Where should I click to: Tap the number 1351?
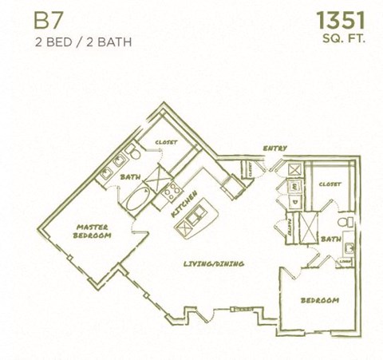pyautogui.click(x=341, y=20)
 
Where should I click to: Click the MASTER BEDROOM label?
pyautogui.click(x=93, y=231)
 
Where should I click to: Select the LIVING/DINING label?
pyautogui.click(x=213, y=263)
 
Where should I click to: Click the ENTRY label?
pyautogui.click(x=275, y=148)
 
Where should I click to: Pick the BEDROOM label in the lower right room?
pyautogui.click(x=319, y=300)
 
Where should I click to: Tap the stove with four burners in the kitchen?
pyautogui.click(x=172, y=191)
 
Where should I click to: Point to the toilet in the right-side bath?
pyautogui.click(x=343, y=222)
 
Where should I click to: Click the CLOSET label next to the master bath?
pyautogui.click(x=166, y=142)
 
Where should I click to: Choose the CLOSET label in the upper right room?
pyautogui.click(x=330, y=184)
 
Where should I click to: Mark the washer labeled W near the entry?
pyautogui.click(x=294, y=185)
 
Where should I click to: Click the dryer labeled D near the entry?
pyautogui.click(x=294, y=202)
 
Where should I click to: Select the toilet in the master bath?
pyautogui.click(x=135, y=154)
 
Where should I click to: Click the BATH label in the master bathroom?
pyautogui.click(x=130, y=176)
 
